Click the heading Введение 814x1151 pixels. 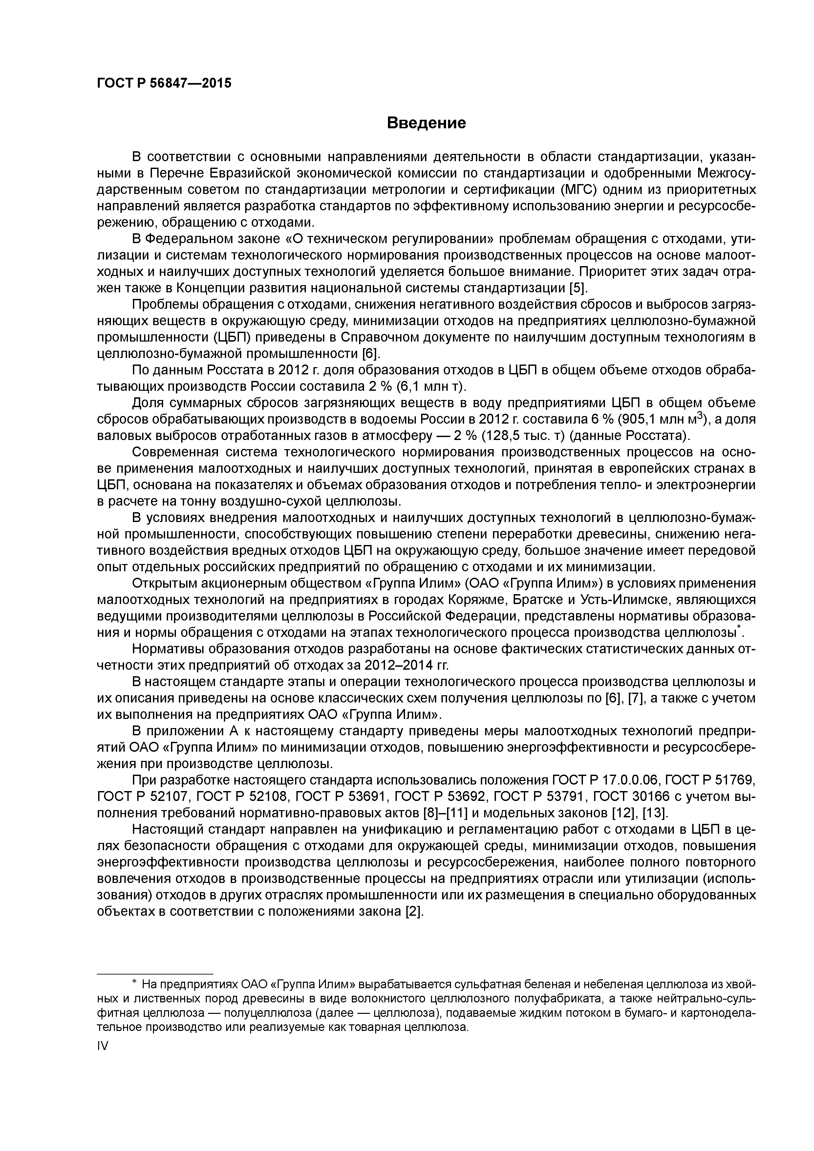[426, 123]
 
